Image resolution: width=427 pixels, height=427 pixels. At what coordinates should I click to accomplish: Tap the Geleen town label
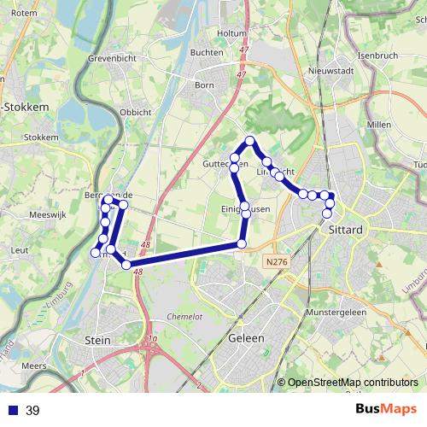point(246,338)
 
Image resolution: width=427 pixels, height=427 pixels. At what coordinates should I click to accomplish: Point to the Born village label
point(205,85)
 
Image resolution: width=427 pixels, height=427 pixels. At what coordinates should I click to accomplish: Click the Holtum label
point(231,33)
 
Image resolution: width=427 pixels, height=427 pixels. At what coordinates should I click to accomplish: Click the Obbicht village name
point(136,112)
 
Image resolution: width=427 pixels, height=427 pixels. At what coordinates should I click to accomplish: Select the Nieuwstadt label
point(329,70)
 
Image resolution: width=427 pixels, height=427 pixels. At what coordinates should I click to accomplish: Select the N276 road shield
point(275,260)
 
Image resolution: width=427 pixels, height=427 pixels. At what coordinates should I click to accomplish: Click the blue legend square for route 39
point(13,411)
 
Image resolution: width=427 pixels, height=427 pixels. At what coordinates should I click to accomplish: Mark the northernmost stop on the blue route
point(250,141)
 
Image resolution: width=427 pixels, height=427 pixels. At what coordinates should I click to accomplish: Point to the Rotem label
point(23,13)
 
